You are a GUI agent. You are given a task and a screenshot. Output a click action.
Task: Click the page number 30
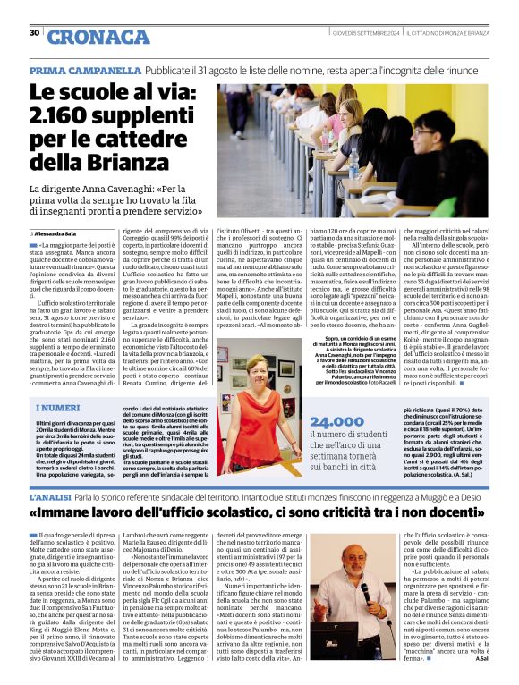point(34,33)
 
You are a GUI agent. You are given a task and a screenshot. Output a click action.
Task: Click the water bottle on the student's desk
point(353,162)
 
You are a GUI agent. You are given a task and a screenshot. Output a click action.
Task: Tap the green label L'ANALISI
point(51,495)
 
